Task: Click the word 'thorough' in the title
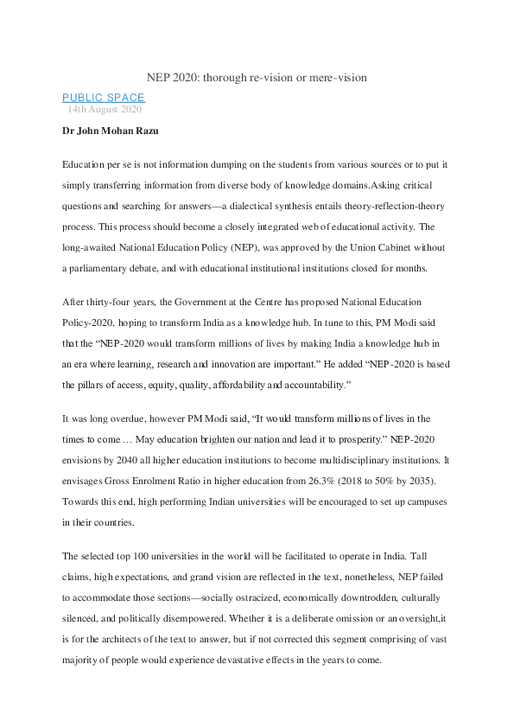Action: [x=224, y=78]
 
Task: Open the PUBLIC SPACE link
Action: [x=104, y=98]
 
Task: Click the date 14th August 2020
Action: [x=105, y=110]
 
